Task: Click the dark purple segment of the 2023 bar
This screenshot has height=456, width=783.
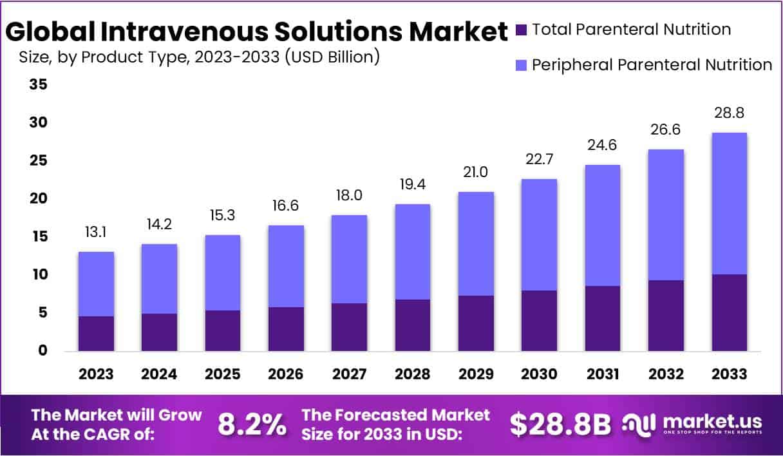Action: (x=97, y=334)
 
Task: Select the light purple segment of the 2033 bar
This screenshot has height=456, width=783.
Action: (x=730, y=204)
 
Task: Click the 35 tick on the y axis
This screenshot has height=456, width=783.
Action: (x=38, y=84)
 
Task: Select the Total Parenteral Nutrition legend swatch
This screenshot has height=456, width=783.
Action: (x=522, y=30)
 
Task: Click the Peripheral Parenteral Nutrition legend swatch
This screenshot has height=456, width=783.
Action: (x=522, y=65)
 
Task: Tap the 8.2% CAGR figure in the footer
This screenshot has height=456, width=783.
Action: (x=252, y=424)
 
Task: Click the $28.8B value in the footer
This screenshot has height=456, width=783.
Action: (x=560, y=424)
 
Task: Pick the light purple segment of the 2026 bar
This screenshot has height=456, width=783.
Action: (x=286, y=266)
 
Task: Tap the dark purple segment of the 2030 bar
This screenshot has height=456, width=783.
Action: (x=539, y=321)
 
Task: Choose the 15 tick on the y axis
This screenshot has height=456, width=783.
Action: (x=38, y=237)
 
